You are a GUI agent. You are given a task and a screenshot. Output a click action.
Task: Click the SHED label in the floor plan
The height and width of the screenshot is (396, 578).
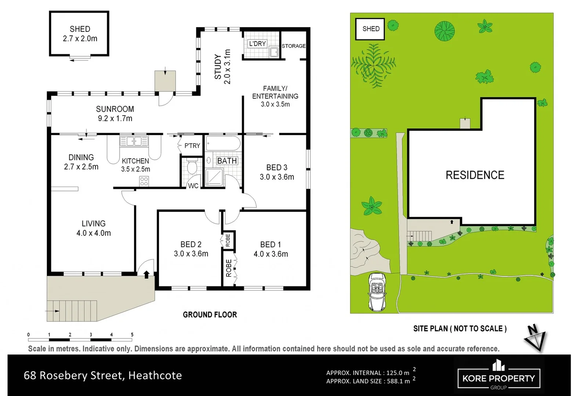pyautogui.click(x=80, y=29)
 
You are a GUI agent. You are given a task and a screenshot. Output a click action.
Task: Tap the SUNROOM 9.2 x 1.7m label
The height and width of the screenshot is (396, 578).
pyautogui.click(x=115, y=114)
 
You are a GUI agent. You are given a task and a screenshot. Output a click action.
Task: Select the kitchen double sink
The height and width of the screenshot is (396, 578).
pyautogui.click(x=134, y=141)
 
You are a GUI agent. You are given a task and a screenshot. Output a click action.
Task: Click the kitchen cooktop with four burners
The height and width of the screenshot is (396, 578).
pyautogui.click(x=144, y=181)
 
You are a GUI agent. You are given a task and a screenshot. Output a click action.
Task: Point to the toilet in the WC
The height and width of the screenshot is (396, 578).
pyautogui.click(x=192, y=167)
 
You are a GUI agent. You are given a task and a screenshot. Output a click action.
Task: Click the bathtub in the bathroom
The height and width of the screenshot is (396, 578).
pyautogui.click(x=223, y=143)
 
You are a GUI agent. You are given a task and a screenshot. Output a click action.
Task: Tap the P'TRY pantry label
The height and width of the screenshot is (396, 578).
pyautogui.click(x=192, y=146)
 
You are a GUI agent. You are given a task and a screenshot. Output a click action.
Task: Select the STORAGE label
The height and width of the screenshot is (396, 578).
pyautogui.click(x=294, y=46)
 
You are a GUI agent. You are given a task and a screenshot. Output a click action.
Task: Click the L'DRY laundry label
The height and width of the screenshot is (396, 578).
pyautogui.click(x=257, y=44)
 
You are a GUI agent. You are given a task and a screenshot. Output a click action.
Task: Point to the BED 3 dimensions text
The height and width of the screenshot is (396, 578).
pyautogui.click(x=277, y=177)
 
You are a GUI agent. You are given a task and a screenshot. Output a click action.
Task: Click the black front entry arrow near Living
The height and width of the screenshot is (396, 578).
pyautogui.click(x=146, y=274)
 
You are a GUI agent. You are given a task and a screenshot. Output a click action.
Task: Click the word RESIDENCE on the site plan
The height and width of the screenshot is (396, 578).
pyautogui.click(x=475, y=175)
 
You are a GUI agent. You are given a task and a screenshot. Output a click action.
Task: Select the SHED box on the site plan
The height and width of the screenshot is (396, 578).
pyautogui.click(x=370, y=29)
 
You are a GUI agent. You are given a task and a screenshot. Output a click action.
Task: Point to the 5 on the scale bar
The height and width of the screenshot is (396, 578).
pyautogui.click(x=132, y=334)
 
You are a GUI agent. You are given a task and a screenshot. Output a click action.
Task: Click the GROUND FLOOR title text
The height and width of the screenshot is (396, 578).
pyautogui.click(x=210, y=315)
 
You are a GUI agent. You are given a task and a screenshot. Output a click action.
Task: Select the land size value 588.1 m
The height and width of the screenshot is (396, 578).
pyautogui.click(x=398, y=381)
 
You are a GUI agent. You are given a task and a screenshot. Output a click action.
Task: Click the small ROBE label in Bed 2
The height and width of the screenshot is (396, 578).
pyautogui.click(x=228, y=241)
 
